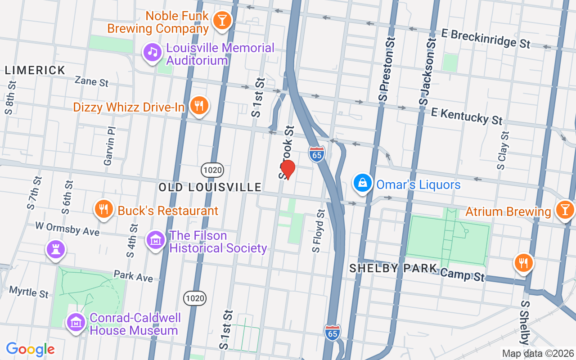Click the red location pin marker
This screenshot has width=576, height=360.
tap(288, 170)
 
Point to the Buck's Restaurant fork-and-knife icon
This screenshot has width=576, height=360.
tap(104, 209)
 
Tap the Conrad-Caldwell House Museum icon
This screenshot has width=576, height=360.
tap(76, 323)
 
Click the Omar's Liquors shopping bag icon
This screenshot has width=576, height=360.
tap(363, 183)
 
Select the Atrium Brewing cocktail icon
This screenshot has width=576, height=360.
tap(564, 210)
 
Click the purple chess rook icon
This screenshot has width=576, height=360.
tap(56, 250)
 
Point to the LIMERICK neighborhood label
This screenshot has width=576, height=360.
tap(35, 70)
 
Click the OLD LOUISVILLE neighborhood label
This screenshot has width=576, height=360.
tap(210, 187)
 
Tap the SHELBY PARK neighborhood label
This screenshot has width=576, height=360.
tap(393, 269)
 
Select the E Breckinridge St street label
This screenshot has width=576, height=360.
tap(490, 39)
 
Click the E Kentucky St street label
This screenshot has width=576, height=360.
tap(466, 116)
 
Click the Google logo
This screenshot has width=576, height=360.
tap(30, 349)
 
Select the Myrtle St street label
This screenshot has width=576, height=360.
tap(29, 292)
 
